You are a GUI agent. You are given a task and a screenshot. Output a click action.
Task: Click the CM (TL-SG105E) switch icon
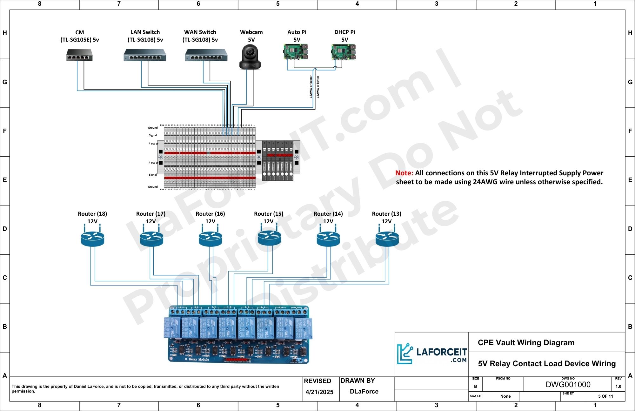tap(79, 55)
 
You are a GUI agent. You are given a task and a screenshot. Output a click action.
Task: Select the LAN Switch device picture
tap(145, 55)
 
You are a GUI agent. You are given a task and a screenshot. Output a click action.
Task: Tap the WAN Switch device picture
tap(206, 55)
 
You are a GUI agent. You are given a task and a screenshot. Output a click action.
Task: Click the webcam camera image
tap(250, 57)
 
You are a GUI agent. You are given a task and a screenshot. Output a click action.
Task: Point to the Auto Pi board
tap(296, 52)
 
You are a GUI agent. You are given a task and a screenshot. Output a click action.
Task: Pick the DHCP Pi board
tap(344, 52)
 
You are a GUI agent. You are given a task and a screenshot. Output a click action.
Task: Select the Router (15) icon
tap(269, 237)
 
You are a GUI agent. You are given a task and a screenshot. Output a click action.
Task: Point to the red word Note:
tap(404, 173)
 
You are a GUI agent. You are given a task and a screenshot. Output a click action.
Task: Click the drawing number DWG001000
tap(568, 385)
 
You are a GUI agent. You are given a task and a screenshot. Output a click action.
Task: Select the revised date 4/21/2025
tap(319, 392)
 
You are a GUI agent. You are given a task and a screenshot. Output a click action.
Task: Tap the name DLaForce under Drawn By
tap(364, 391)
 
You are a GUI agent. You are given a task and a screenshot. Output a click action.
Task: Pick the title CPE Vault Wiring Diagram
tap(526, 343)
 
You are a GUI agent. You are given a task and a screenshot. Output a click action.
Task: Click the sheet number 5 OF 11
tap(605, 396)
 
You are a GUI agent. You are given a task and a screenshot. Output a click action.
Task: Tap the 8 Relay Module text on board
tap(197, 359)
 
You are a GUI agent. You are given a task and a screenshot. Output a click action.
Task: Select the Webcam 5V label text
tap(251, 36)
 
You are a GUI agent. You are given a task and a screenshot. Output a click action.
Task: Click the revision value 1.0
tap(618, 387)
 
